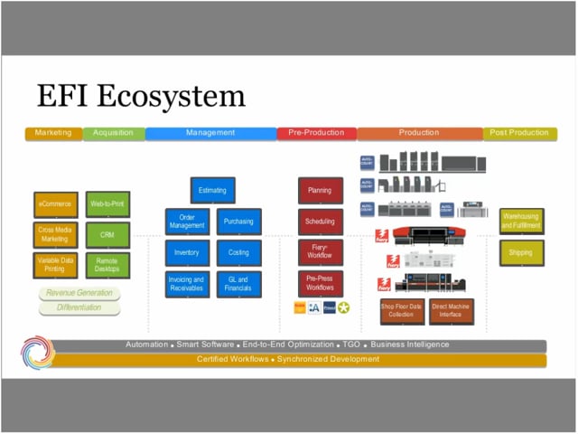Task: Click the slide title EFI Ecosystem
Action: click(x=140, y=96)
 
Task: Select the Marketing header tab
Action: click(x=53, y=133)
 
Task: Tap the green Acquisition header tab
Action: click(x=113, y=133)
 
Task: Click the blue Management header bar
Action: click(x=210, y=133)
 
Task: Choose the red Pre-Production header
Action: click(x=316, y=133)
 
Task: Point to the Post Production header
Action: click(x=520, y=133)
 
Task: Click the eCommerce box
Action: click(x=56, y=204)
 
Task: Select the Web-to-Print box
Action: click(x=107, y=204)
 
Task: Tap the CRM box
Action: click(x=107, y=234)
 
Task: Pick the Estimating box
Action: click(x=213, y=191)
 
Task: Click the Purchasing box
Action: click(x=238, y=222)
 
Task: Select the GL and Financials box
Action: click(x=238, y=284)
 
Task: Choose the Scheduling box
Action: click(x=320, y=222)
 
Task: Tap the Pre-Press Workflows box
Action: click(x=320, y=283)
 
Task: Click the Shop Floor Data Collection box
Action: click(x=401, y=311)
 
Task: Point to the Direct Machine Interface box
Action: click(x=452, y=311)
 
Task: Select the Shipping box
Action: click(x=521, y=253)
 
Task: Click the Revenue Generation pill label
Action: click(x=79, y=293)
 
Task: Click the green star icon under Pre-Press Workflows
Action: click(x=343, y=308)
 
